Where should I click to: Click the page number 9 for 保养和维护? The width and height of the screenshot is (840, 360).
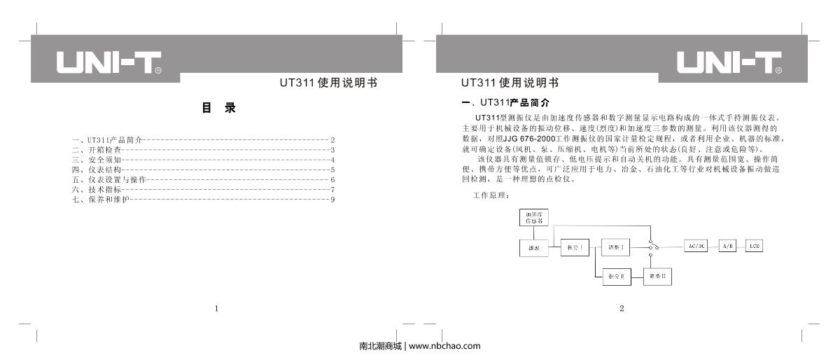coord(333,200)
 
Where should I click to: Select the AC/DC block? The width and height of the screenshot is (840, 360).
coord(696,247)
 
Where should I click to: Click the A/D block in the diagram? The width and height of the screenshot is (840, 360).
coord(727,247)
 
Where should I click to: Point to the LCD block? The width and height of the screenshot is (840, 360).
coord(755,247)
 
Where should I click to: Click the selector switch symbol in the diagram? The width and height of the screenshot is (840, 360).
coord(652,247)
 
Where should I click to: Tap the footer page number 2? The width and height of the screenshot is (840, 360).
coord(622,308)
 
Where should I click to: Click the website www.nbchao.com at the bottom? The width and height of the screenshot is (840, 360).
coord(444,346)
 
